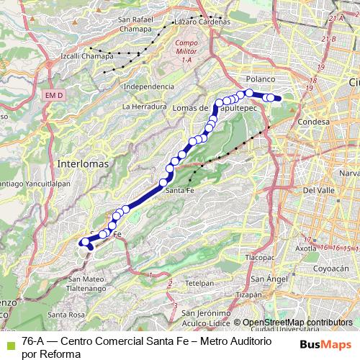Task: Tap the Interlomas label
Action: (85, 163)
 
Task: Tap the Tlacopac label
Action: (261, 256)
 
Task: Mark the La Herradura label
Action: (145, 107)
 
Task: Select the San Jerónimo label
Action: (205, 313)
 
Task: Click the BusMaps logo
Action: (326, 345)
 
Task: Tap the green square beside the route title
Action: (8, 341)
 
